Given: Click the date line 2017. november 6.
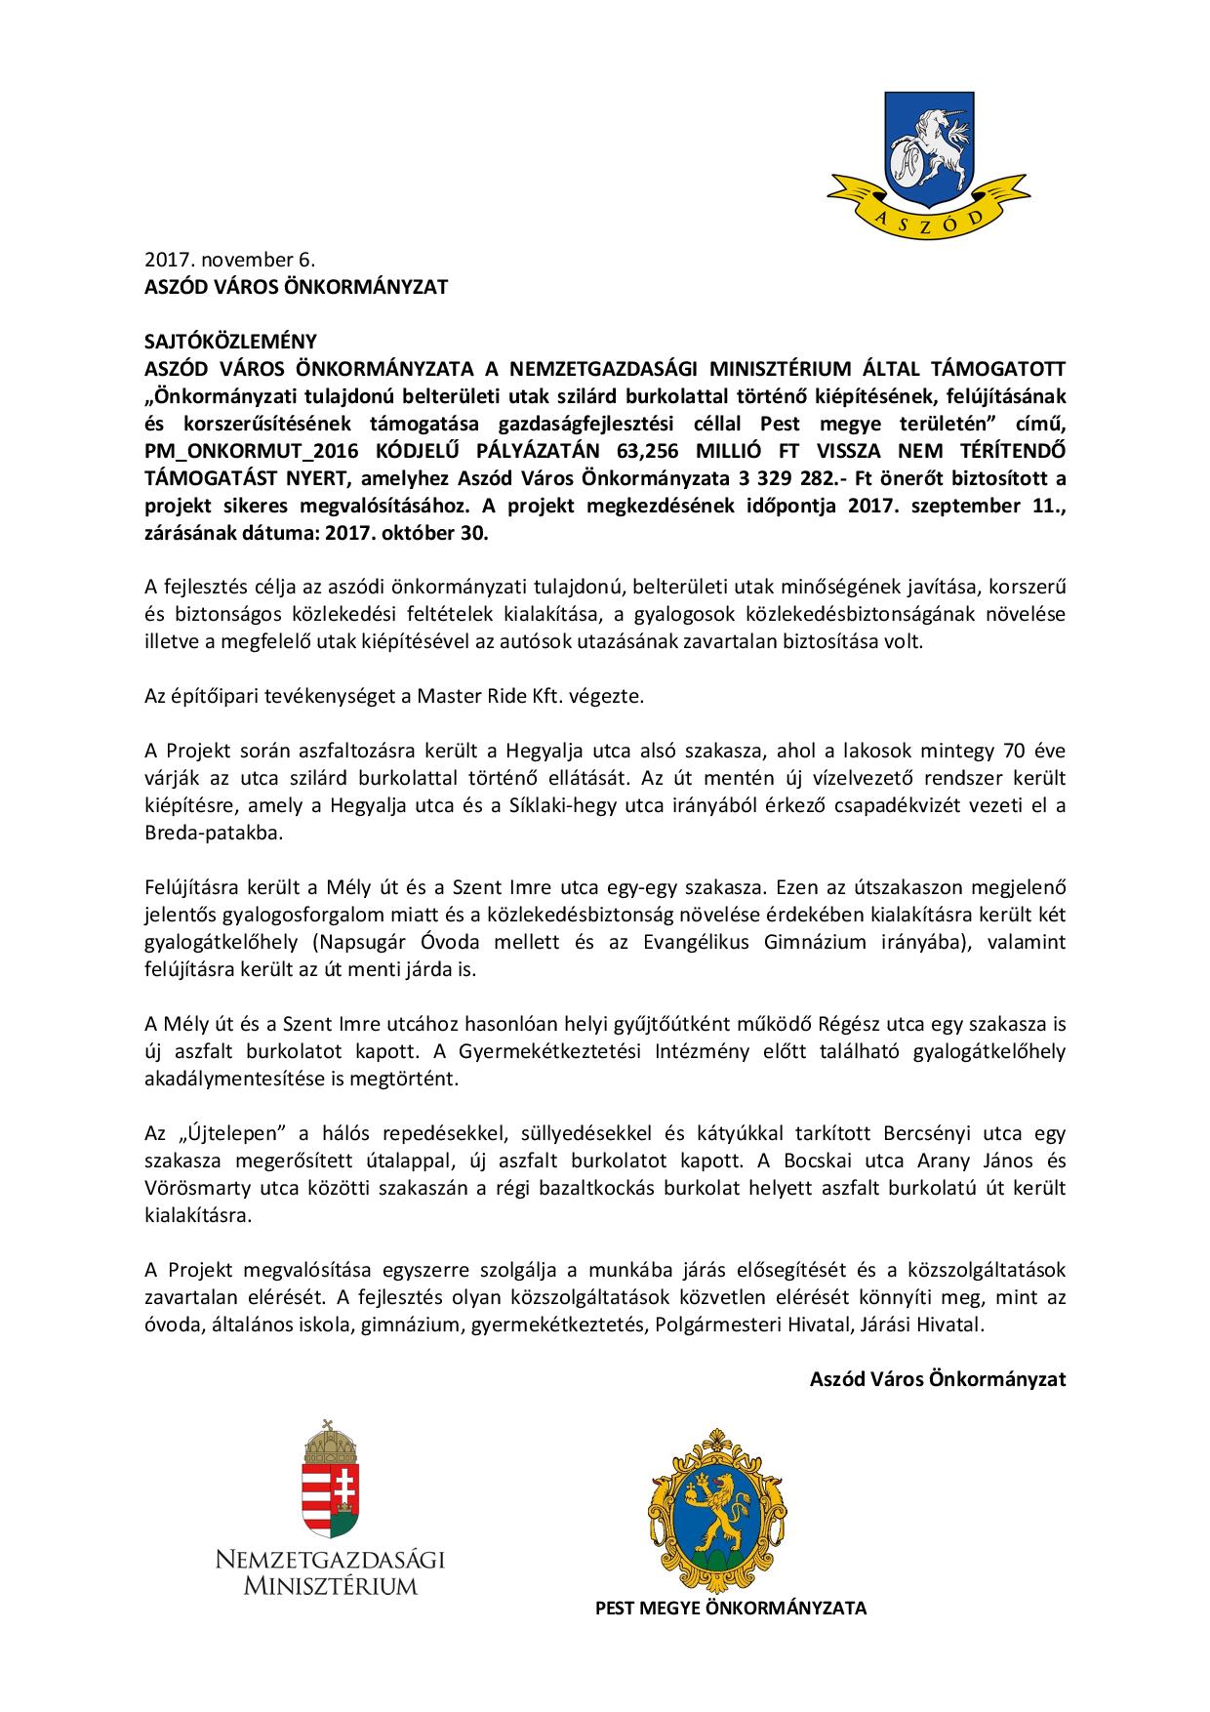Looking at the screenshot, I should coord(230,261).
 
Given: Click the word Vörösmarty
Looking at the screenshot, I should coord(193,1189).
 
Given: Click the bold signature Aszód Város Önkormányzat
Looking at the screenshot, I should coord(937,1380).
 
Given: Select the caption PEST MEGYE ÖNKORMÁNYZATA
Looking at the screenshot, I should coord(731,1608).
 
